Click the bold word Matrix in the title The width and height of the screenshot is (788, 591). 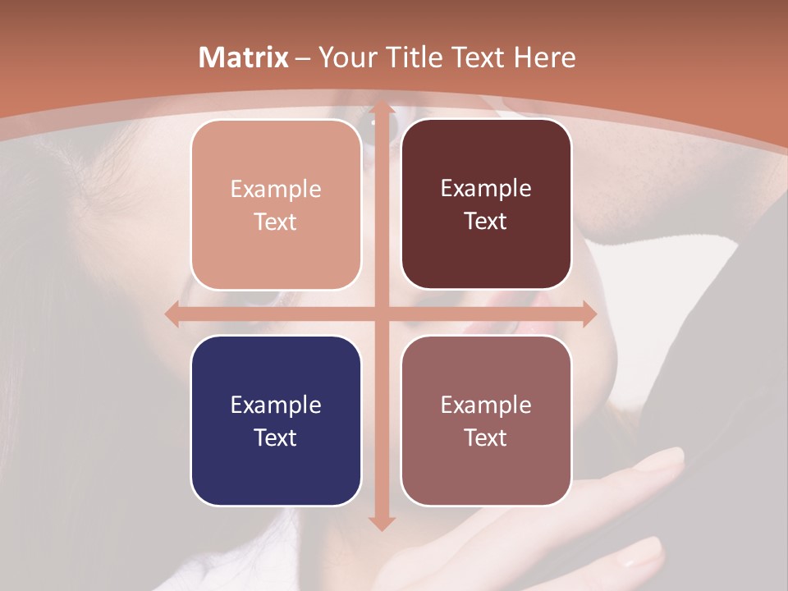pyautogui.click(x=244, y=57)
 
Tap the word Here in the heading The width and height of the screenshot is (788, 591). pyautogui.click(x=545, y=57)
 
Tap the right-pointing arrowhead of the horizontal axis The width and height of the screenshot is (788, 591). pyautogui.click(x=589, y=314)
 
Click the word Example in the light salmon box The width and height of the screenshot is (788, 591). pyautogui.click(x=276, y=190)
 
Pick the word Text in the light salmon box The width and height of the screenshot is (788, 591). pyautogui.click(x=276, y=222)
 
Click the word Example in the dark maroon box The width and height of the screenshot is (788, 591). pyautogui.click(x=486, y=189)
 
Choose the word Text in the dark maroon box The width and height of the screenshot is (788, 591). pyautogui.click(x=486, y=222)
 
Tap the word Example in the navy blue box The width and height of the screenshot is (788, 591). pyautogui.click(x=276, y=405)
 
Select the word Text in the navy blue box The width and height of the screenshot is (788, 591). pyautogui.click(x=276, y=438)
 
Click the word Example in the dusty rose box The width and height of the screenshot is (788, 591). pyautogui.click(x=486, y=405)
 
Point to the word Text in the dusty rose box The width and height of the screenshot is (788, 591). pyautogui.click(x=486, y=438)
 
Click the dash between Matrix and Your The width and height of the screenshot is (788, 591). pyautogui.click(x=303, y=58)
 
